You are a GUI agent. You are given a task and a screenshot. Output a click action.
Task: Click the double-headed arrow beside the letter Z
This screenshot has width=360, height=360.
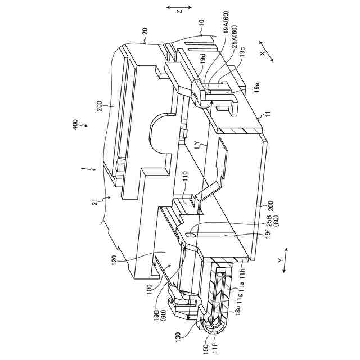click(x=179, y=7)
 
